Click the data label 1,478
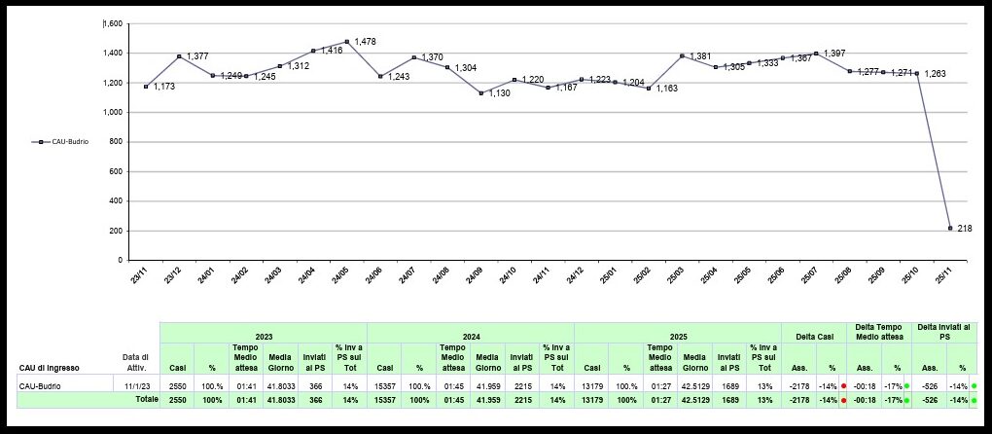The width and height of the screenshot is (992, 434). click(x=366, y=41)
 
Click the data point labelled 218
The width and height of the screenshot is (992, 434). click(x=949, y=228)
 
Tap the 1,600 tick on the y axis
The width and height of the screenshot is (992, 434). click(x=113, y=23)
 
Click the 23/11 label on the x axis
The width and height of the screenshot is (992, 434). click(x=141, y=277)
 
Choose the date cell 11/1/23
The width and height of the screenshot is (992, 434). click(x=136, y=386)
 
